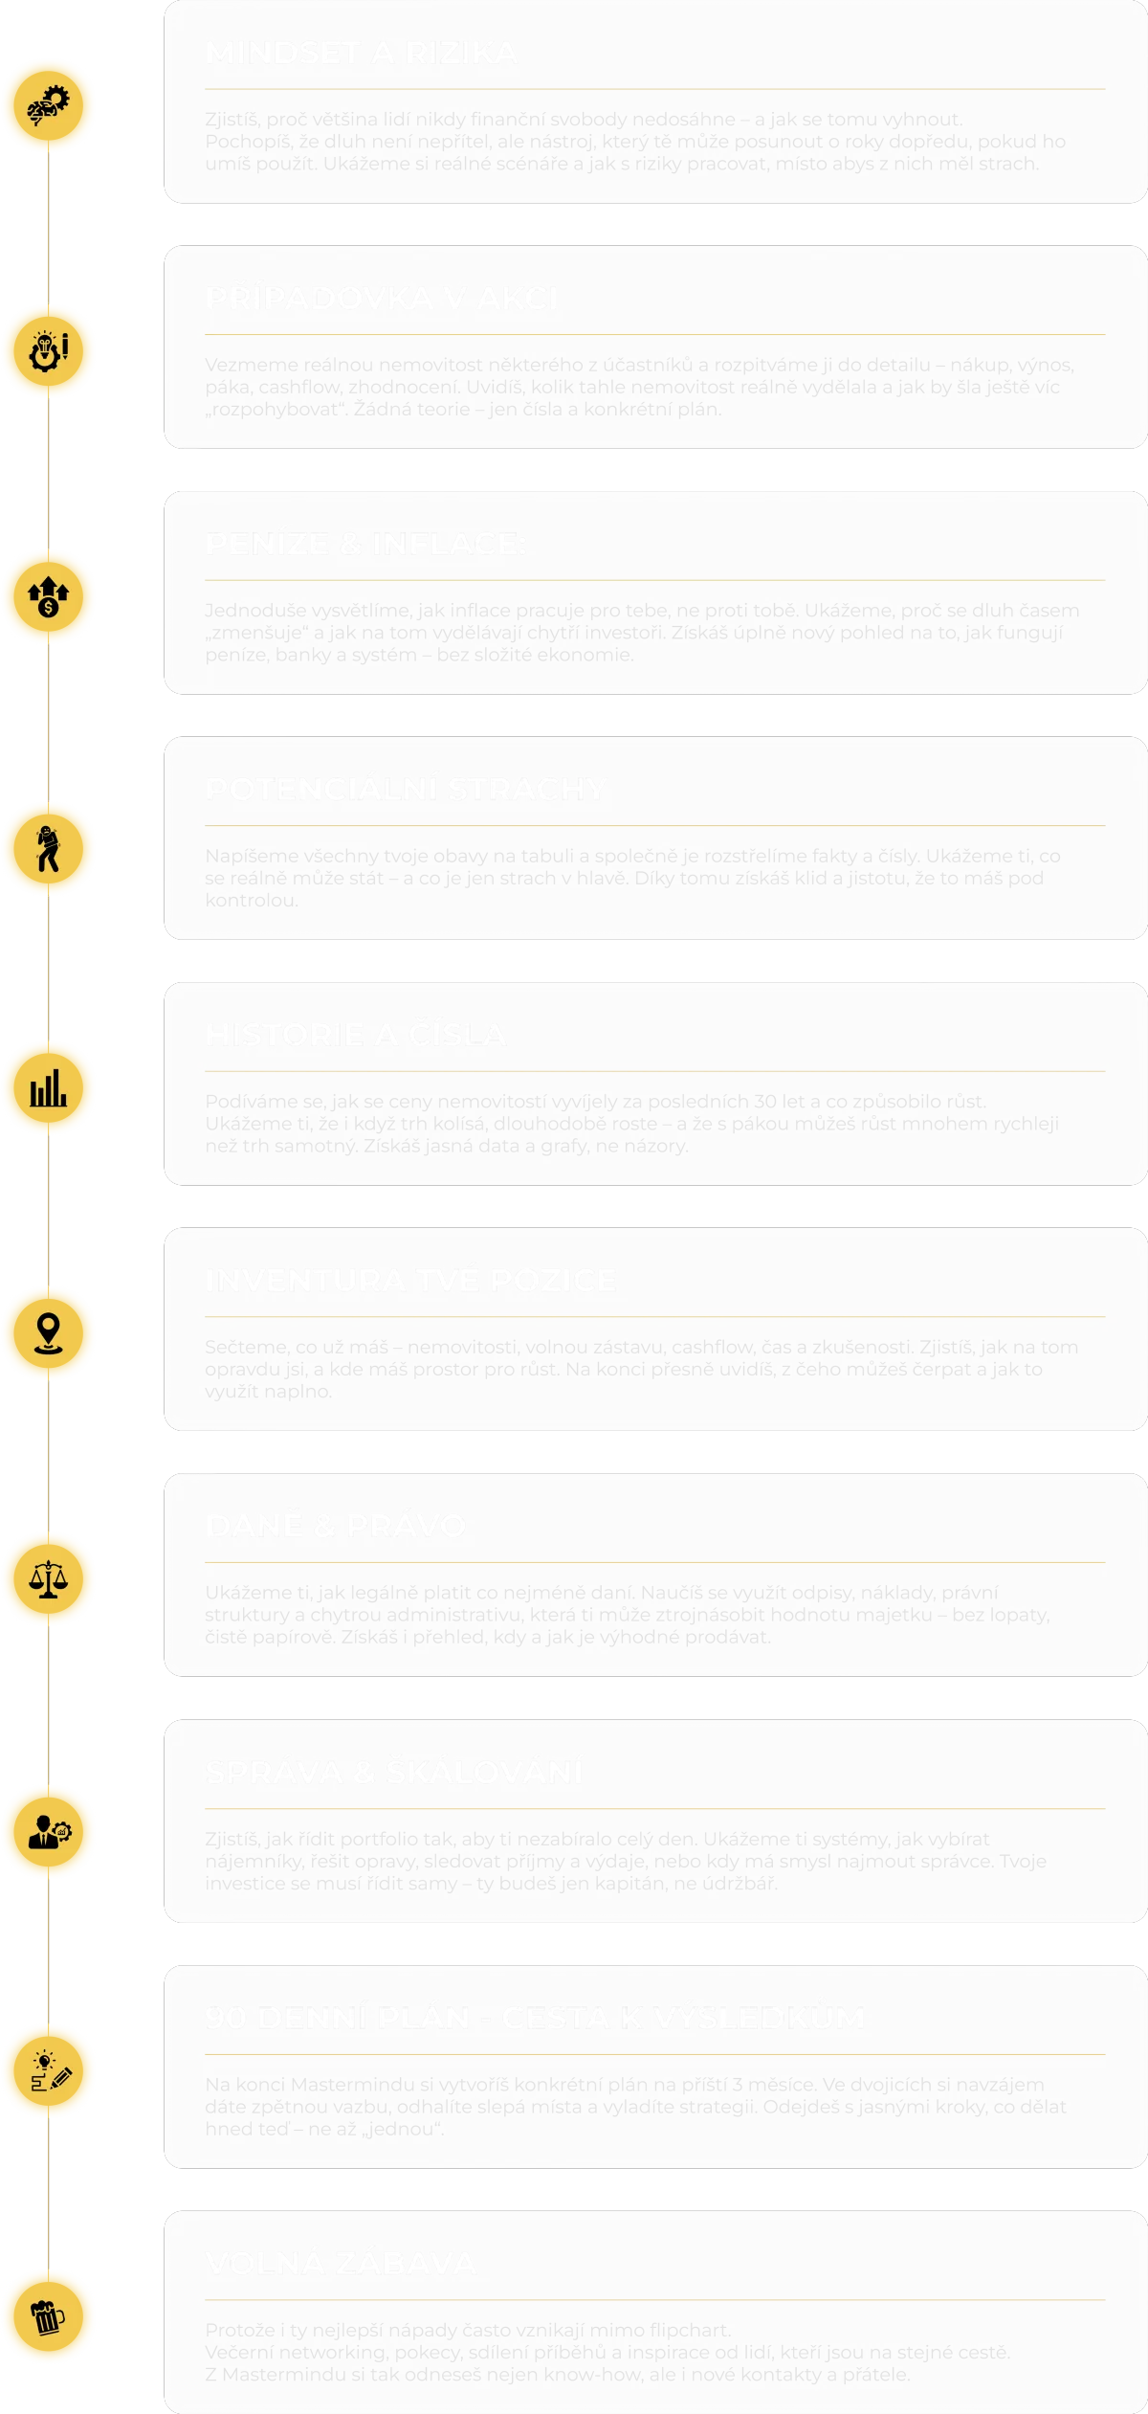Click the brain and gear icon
click(x=48, y=105)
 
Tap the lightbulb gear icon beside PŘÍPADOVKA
click(x=48, y=350)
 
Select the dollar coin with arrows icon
click(x=48, y=596)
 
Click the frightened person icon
click(x=48, y=849)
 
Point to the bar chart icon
click(x=48, y=1088)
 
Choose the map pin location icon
click(x=48, y=1333)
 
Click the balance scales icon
click(x=48, y=1579)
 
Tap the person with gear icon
click(x=48, y=1832)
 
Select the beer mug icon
click(x=48, y=2318)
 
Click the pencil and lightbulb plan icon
click(x=48, y=2072)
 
